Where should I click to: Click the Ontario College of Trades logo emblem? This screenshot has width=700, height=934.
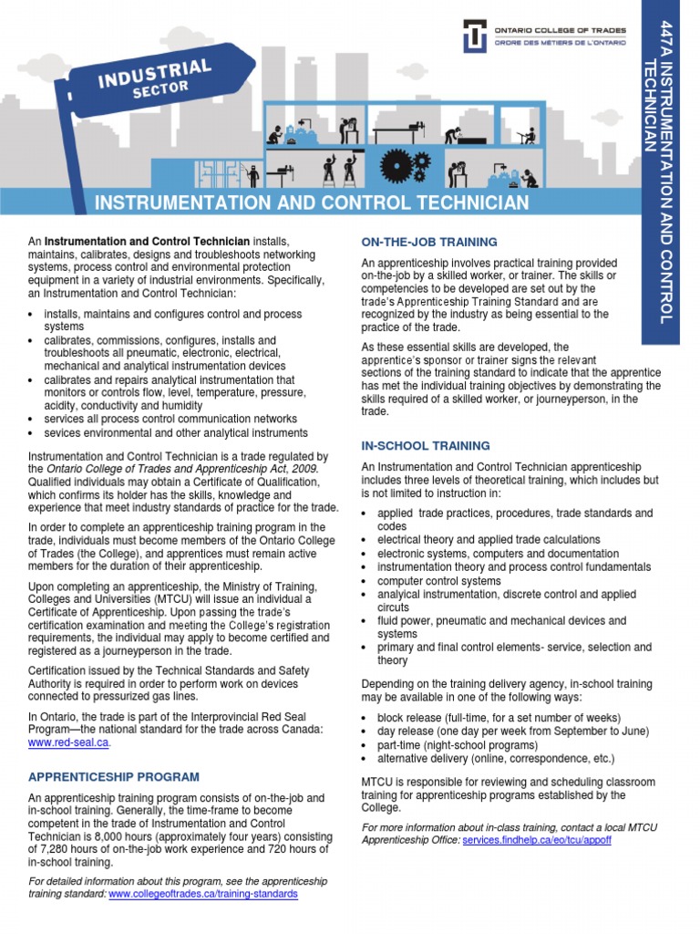click(x=476, y=36)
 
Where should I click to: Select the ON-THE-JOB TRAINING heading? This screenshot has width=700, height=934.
click(x=429, y=242)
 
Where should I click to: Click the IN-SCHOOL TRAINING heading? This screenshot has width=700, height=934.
click(x=426, y=446)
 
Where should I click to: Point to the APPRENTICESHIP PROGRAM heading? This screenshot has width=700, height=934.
click(x=114, y=777)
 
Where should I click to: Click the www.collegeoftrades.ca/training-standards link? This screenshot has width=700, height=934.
click(x=202, y=895)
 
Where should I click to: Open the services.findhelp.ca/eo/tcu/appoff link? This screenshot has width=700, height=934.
click(x=537, y=839)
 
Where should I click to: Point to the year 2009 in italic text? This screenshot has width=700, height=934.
click(x=301, y=469)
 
